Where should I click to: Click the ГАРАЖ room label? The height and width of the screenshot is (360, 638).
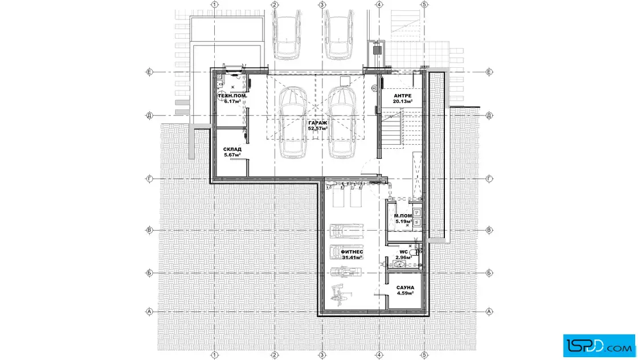pyautogui.click(x=317, y=123)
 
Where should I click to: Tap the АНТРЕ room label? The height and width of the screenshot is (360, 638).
pyautogui.click(x=402, y=96)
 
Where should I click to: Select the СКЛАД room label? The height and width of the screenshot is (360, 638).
pyautogui.click(x=232, y=149)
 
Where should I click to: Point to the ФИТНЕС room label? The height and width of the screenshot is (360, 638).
pyautogui.click(x=352, y=252)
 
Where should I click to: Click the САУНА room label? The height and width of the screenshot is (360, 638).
pyautogui.click(x=405, y=288)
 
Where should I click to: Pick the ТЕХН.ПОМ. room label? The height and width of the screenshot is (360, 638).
pyautogui.click(x=232, y=96)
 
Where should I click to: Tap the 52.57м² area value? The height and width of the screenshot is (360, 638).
pyautogui.click(x=318, y=129)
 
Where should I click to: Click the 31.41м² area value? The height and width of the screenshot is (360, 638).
pyautogui.click(x=352, y=257)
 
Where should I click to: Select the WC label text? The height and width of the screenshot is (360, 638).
pyautogui.click(x=403, y=252)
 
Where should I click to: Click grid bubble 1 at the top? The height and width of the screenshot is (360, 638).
pyautogui.click(x=215, y=5)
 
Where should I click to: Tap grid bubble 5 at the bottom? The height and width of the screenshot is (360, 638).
pyautogui.click(x=424, y=355)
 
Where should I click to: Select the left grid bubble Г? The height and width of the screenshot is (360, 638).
pyautogui.click(x=149, y=179)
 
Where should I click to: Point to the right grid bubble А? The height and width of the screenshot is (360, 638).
pyautogui.click(x=489, y=312)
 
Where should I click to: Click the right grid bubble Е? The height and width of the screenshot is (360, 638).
pyautogui.click(x=489, y=72)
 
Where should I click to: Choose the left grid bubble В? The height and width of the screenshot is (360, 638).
pyautogui.click(x=149, y=230)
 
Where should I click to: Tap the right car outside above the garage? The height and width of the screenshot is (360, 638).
pyautogui.click(x=338, y=34)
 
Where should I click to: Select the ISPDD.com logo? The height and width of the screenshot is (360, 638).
pyautogui.click(x=599, y=346)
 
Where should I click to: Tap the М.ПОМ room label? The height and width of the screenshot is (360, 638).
pyautogui.click(x=403, y=216)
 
